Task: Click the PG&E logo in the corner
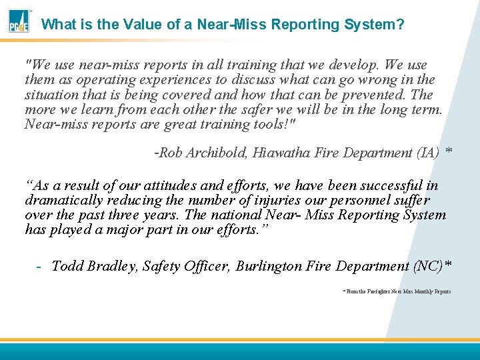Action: (18, 21)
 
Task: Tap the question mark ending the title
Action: (400, 25)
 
